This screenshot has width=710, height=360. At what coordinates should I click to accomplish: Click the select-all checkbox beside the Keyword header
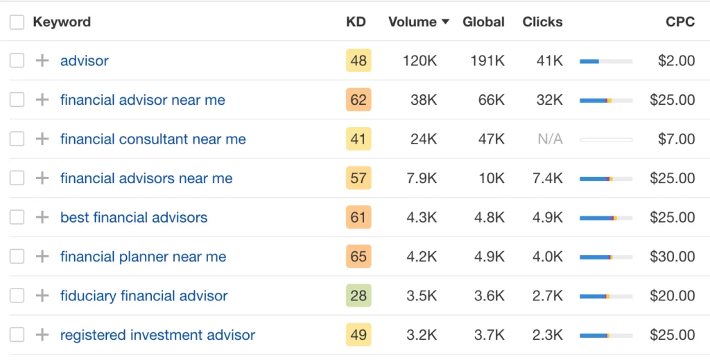coord(17,22)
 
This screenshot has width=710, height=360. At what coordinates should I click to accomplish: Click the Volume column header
coord(412,22)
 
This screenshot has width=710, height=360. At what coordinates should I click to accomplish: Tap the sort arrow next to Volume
coord(445,22)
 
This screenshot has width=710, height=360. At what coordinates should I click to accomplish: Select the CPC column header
coord(679,22)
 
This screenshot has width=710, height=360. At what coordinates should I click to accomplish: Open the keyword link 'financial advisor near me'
coord(142,100)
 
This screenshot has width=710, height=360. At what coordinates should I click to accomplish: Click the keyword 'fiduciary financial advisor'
coord(144,296)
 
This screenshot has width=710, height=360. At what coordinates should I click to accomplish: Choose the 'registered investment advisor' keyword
coord(157,335)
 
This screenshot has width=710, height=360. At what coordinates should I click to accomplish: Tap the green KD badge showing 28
coord(358,296)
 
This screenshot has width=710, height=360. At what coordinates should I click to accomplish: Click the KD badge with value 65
coord(358,257)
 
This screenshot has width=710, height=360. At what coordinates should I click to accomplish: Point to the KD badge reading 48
coord(358,61)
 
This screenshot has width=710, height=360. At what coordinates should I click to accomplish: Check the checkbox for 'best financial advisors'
coord(17,218)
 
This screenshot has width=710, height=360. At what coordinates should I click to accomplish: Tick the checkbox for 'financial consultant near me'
coord(17,139)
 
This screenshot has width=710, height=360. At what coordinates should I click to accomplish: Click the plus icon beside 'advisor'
coord(42,61)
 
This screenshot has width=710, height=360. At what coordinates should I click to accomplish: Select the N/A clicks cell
coord(550,139)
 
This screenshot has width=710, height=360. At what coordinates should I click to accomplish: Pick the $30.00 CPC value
coord(672,257)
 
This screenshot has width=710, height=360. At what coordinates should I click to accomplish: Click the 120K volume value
coord(419,61)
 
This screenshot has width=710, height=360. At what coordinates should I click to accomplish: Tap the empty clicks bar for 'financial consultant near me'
coord(606,139)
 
